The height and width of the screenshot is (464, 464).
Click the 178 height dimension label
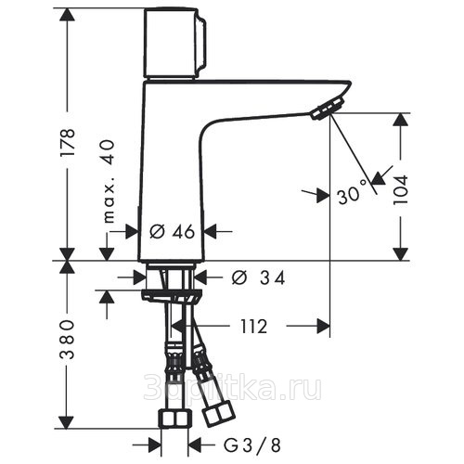(68, 142)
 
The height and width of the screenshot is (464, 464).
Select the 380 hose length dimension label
(68, 340)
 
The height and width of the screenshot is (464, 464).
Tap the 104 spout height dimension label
(400, 189)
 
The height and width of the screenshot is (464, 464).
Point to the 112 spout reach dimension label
(253, 327)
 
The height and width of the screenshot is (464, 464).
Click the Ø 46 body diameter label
(172, 231)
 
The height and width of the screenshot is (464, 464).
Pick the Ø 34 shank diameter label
(258, 277)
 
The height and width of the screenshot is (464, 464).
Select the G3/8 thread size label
(251, 445)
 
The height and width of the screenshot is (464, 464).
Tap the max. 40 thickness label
(109, 182)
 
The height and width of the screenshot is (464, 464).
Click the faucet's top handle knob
(174, 44)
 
